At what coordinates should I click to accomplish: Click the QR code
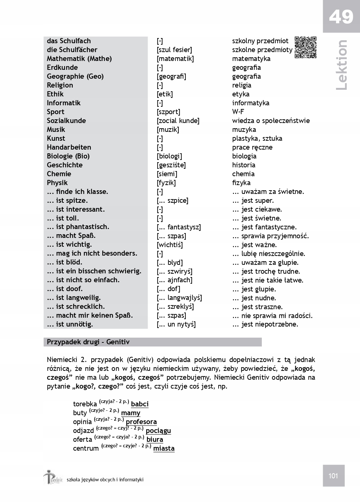pos(306,47)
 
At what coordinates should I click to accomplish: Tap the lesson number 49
pos(341,17)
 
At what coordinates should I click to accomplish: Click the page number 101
pos(333,476)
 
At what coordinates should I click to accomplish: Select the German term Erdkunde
pos(62,68)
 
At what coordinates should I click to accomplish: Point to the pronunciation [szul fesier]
pos(174,50)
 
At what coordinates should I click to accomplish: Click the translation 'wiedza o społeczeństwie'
pos(271,121)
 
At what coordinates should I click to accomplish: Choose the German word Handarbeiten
pos(69,147)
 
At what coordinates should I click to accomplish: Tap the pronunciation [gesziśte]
pos(171,165)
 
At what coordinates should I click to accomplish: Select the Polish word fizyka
pos(241,183)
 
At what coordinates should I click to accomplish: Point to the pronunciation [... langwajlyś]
pos(179,298)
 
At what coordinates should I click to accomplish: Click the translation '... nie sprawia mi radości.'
pos(272,315)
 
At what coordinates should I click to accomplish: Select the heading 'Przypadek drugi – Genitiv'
pos(88,342)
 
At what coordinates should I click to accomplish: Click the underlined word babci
pos(140,404)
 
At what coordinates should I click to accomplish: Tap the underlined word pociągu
pos(158,431)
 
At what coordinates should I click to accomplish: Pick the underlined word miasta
pos(164,448)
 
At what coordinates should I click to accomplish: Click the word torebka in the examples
pos(85,404)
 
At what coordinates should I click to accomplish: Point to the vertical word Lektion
pos(342,65)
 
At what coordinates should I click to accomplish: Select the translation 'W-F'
pos(238,112)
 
